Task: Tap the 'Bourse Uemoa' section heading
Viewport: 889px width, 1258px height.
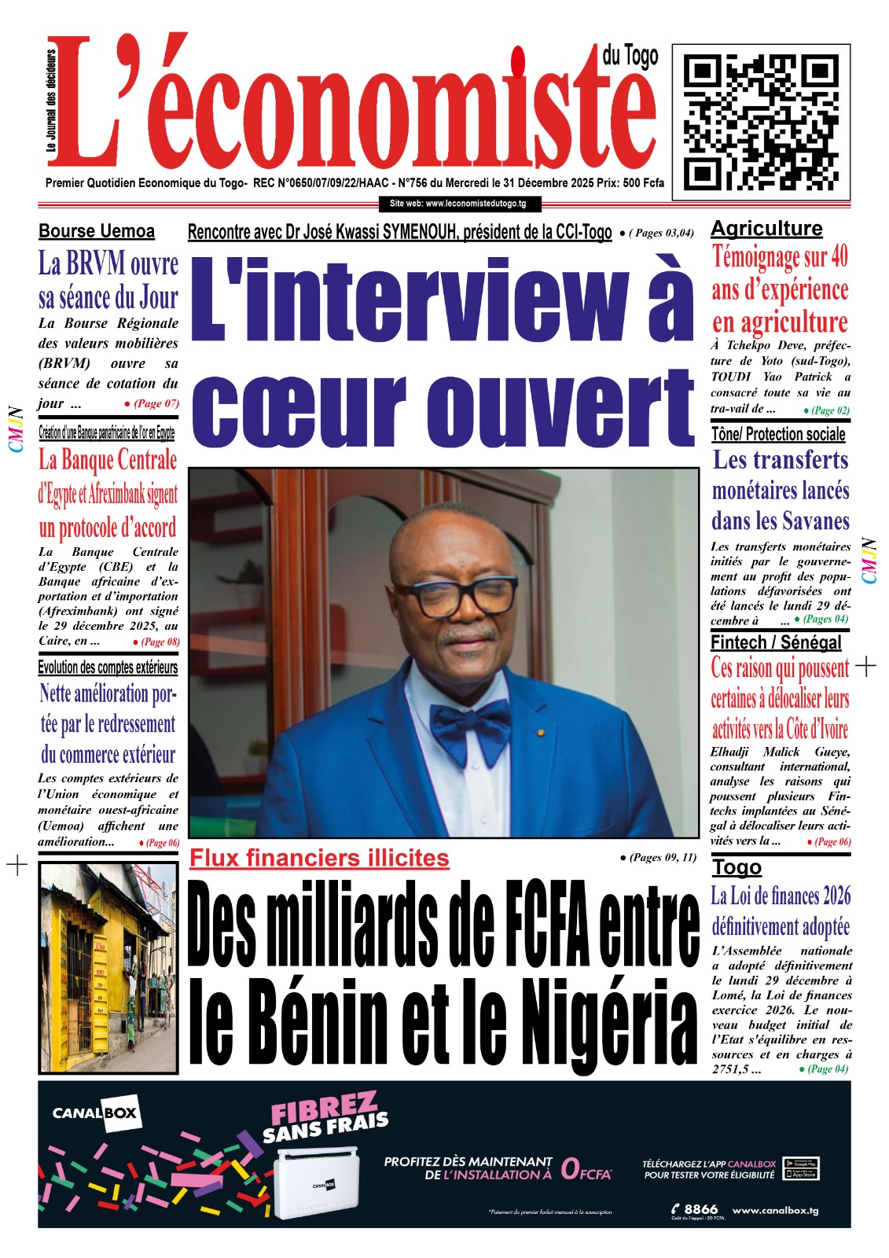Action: point(97,231)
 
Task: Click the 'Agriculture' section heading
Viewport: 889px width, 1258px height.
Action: point(766,229)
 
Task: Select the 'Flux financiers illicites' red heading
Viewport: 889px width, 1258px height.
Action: point(319,858)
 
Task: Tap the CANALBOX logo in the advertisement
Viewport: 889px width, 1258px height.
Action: point(95,1113)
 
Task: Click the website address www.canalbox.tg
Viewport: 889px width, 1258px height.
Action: point(775,1210)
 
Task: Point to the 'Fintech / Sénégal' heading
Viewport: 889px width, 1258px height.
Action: point(775,642)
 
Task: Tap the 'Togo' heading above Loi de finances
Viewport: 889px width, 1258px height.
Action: point(737,867)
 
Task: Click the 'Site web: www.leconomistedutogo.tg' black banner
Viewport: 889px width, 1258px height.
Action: point(457,204)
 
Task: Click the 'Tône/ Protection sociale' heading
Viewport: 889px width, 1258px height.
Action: point(777,434)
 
